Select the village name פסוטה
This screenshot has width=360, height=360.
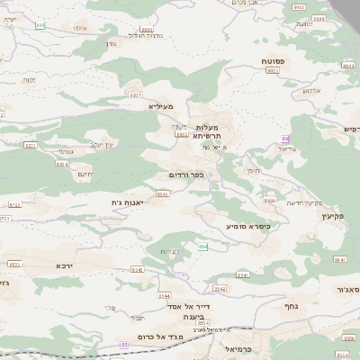point(273,60)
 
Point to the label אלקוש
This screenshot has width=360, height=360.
point(312,91)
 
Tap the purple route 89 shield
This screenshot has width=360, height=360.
point(285,138)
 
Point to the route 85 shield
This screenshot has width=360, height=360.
point(121,343)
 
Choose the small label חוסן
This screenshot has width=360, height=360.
point(251,169)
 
